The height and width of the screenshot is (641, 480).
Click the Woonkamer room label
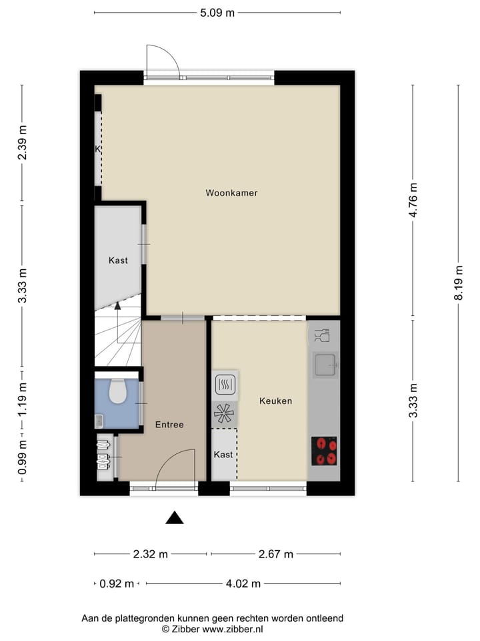click(231, 193)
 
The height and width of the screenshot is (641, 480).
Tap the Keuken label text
click(275, 401)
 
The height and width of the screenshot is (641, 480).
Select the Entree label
click(169, 424)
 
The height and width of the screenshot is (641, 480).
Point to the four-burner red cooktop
click(324, 451)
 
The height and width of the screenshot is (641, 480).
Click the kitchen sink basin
click(325, 364)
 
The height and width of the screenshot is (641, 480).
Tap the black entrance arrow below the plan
click(175, 517)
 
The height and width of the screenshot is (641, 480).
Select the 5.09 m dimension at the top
click(217, 12)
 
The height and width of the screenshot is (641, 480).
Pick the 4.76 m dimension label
click(413, 200)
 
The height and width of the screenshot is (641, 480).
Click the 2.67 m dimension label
click(275, 554)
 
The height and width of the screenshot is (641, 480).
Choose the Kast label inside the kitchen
click(223, 454)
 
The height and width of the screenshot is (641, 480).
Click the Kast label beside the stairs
click(118, 260)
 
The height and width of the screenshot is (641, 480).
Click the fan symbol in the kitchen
click(222, 414)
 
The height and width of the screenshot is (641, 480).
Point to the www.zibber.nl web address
click(233, 629)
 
